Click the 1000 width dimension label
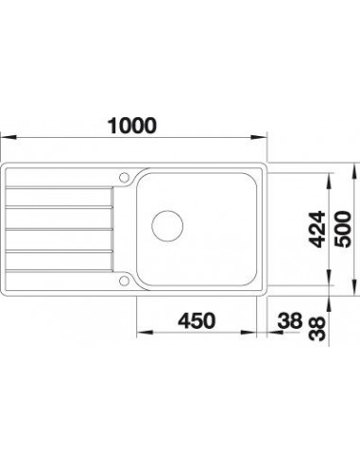(x=131, y=126)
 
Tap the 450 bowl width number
(x=197, y=320)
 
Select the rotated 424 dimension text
(x=317, y=229)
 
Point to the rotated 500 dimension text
(x=343, y=229)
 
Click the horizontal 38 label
(x=290, y=320)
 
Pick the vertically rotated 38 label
(x=317, y=329)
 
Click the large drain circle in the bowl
(x=167, y=226)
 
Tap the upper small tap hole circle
(x=125, y=177)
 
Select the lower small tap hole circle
(x=125, y=281)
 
